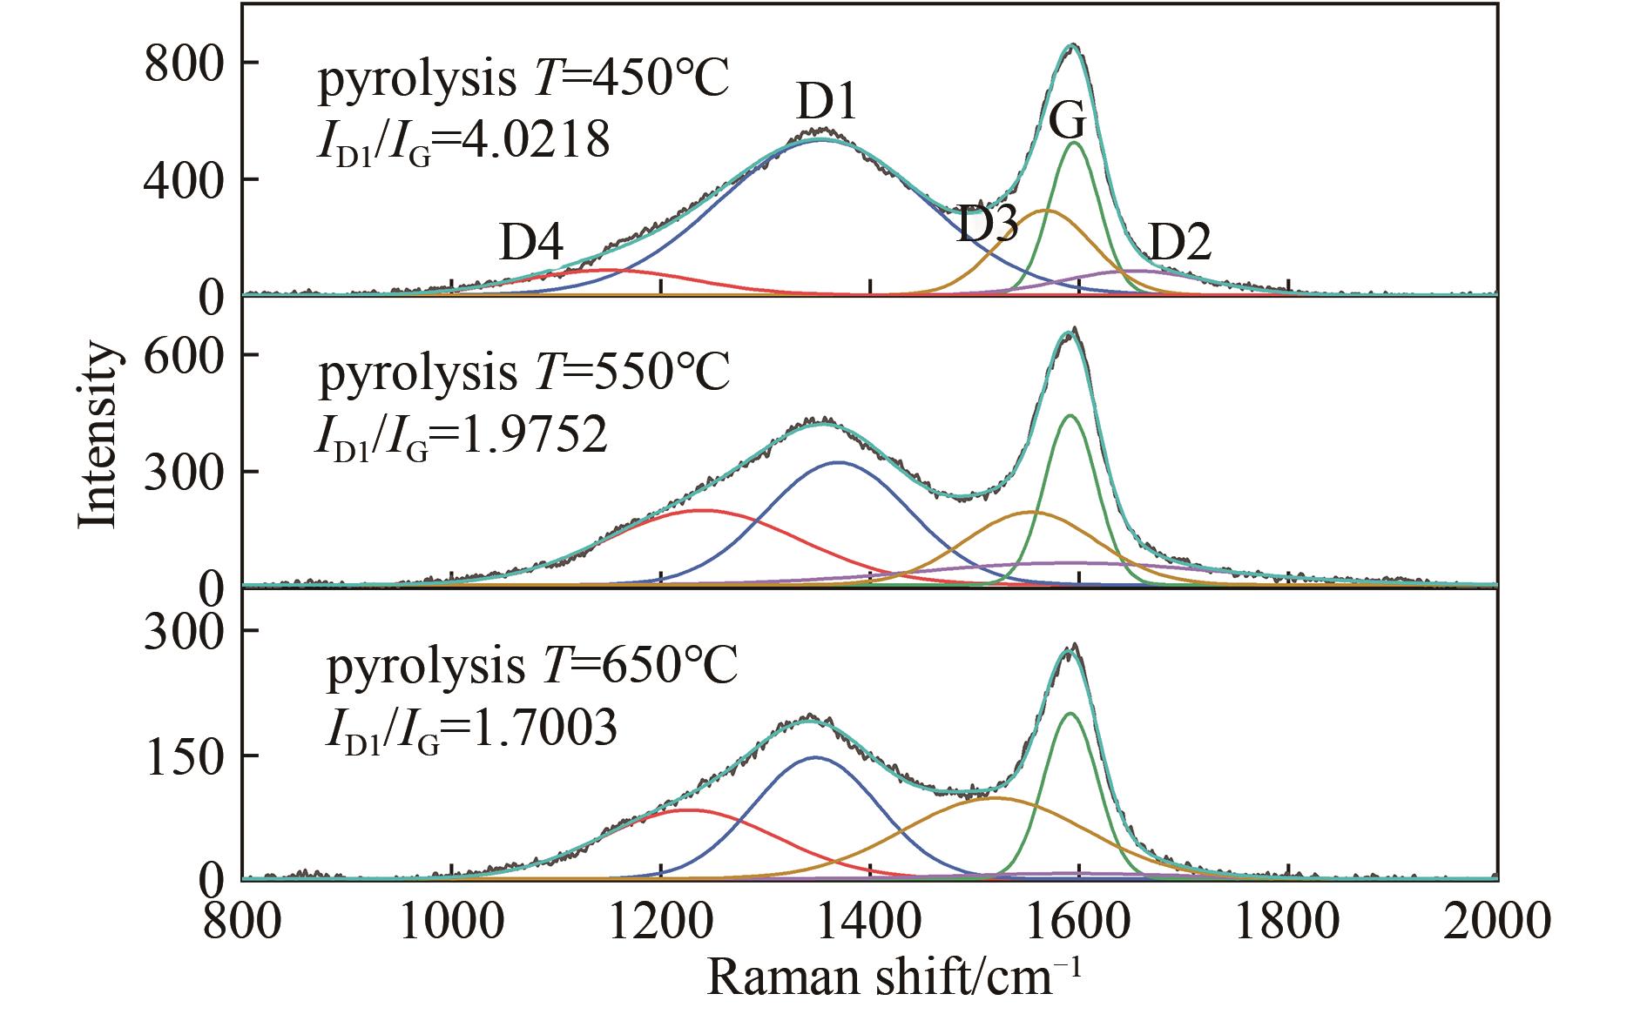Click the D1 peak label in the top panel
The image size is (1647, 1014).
827,104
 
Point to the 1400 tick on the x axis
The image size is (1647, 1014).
871,922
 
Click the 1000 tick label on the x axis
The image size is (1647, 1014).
451,922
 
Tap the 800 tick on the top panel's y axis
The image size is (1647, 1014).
180,64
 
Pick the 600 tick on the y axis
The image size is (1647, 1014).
180,355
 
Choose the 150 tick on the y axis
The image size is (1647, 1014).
180,755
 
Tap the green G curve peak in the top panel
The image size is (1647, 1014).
1074,143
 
